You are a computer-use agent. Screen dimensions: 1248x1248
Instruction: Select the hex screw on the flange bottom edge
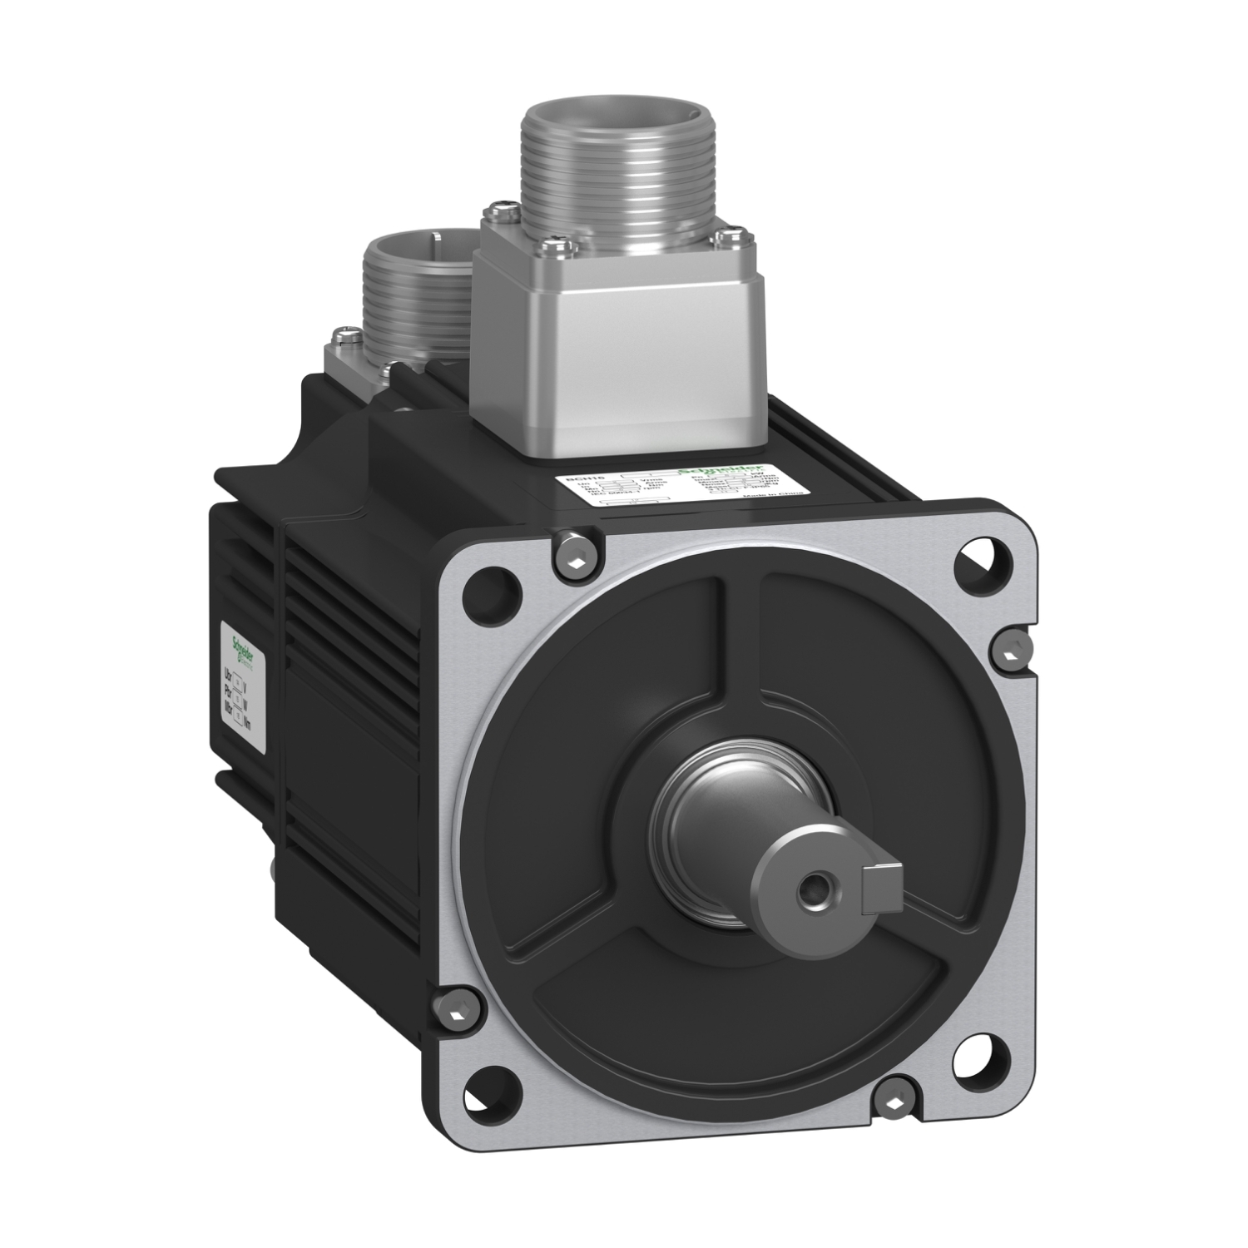894,1103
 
